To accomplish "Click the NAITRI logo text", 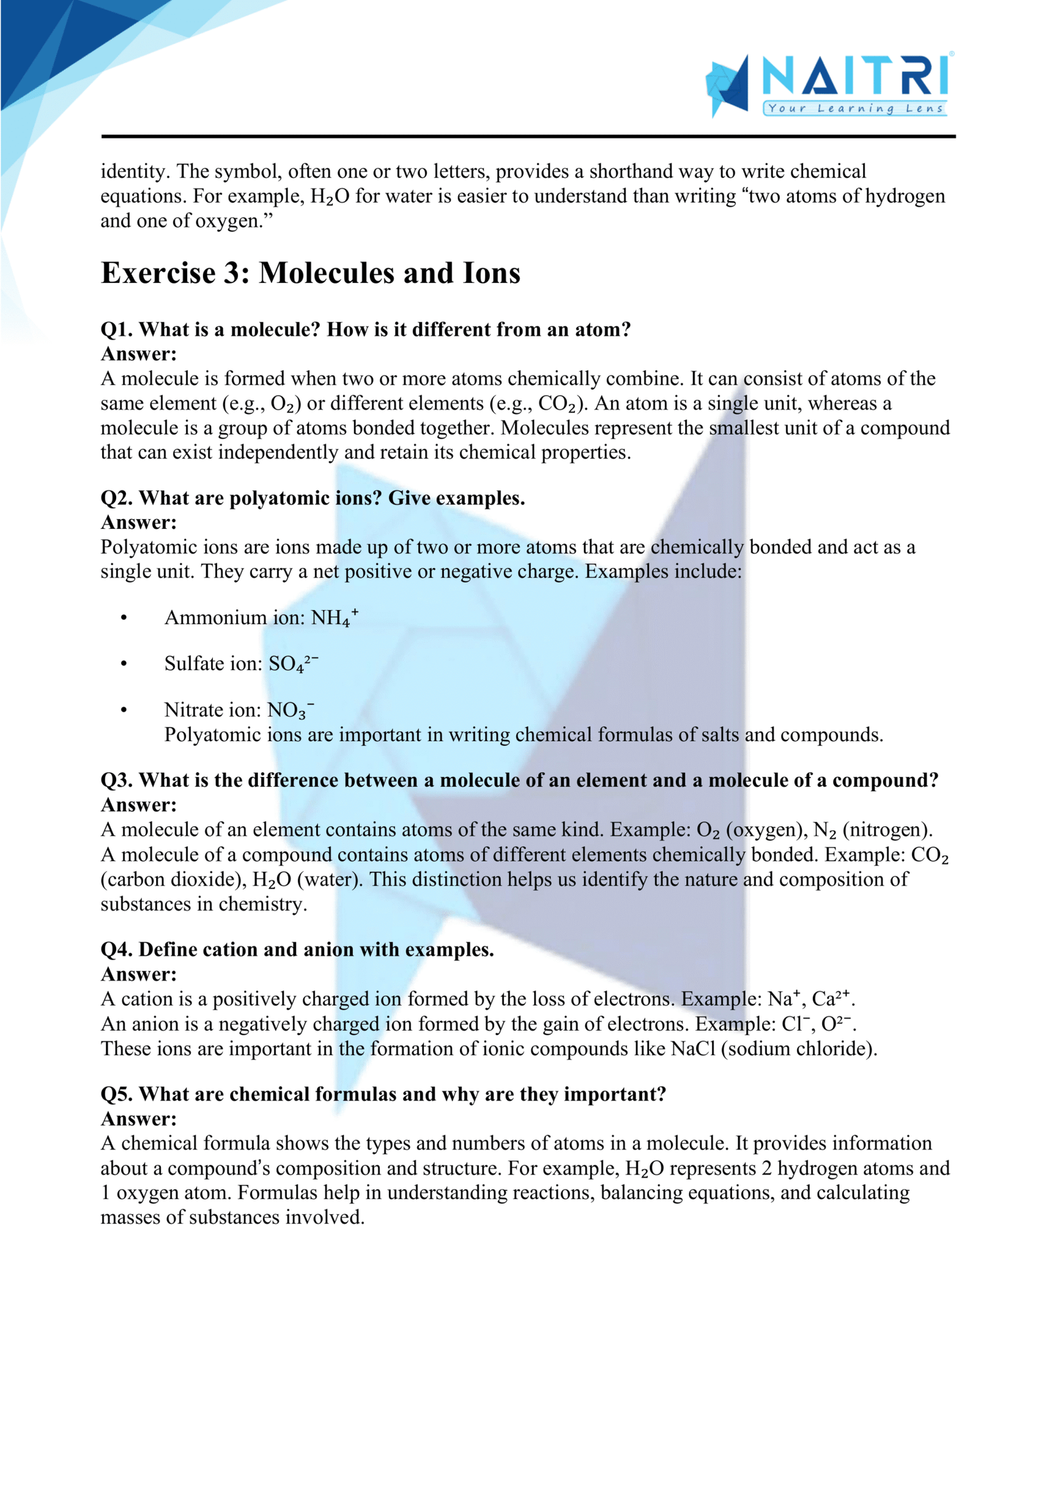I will coord(855,76).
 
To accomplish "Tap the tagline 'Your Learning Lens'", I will coord(855,109).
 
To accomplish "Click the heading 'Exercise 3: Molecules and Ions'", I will coord(311,273).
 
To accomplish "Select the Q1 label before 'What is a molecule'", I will coord(116,329).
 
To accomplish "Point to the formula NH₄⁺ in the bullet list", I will coord(334,617).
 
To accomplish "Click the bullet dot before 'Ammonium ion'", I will coord(124,618).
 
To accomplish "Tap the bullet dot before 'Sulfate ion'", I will coord(124,664).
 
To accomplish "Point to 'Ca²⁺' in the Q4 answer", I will coord(831,998).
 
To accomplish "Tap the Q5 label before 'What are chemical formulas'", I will coord(117,1094).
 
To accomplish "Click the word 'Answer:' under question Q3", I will coord(139,805).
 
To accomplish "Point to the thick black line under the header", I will coord(527,137).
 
